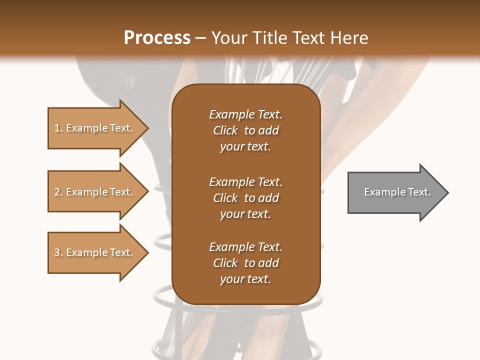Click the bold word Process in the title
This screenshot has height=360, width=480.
(157, 38)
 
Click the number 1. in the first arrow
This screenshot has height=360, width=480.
(58, 128)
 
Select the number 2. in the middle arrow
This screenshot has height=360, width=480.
(58, 192)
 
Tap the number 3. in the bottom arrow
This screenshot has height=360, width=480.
(58, 252)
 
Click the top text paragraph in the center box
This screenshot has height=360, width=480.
(245, 130)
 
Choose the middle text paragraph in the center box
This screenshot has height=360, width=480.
(245, 198)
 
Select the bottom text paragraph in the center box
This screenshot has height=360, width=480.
(245, 263)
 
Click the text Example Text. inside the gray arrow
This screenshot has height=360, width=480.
(397, 192)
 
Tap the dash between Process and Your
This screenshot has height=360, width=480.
(200, 38)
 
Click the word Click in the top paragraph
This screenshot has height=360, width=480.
(225, 130)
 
